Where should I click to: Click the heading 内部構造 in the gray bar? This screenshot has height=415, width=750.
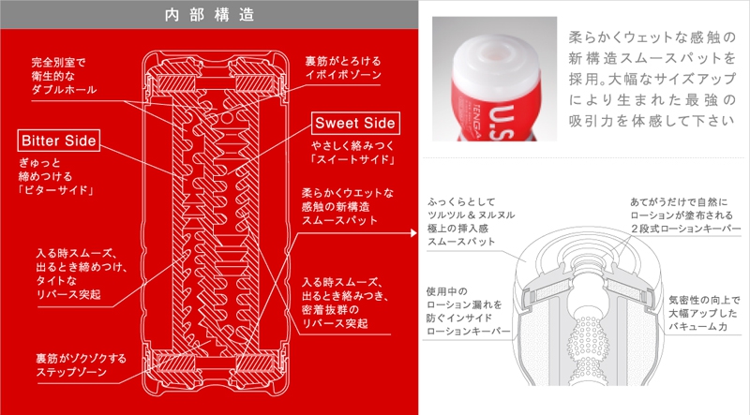tap(209, 15)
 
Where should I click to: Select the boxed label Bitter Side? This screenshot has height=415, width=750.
tap(59, 141)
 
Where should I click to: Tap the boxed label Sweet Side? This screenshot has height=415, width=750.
tap(355, 123)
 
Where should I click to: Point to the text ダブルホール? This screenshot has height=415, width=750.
tap(64, 89)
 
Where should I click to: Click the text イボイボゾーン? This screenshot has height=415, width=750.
tap(343, 75)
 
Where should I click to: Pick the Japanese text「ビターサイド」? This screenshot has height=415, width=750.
tap(55, 190)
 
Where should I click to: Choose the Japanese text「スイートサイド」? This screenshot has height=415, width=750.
tap(353, 159)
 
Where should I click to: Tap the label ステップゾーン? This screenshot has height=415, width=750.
tap(71, 372)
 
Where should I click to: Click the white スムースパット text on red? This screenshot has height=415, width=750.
tap(339, 220)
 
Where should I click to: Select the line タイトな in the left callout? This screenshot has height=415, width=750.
tap(56, 280)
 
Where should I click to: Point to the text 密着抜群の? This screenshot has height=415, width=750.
tap(330, 309)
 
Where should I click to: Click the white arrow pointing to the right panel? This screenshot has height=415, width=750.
tap(413, 233)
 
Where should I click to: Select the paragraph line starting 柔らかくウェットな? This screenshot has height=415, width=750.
tap(652, 37)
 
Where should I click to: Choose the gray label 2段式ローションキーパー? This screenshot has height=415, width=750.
tap(685, 229)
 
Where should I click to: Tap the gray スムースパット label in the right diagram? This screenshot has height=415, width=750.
tap(461, 242)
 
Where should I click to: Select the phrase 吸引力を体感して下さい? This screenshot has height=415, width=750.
tap(651, 121)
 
